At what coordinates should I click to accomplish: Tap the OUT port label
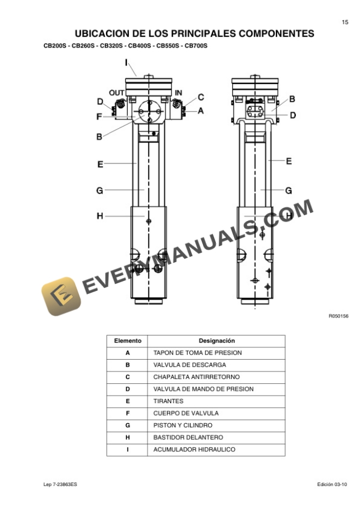coord(116,93)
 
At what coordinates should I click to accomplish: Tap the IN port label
coord(178,93)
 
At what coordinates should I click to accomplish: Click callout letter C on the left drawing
coord(201,97)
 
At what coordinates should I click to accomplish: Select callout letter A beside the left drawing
coord(201,110)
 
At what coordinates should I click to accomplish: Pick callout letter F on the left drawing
coord(99,116)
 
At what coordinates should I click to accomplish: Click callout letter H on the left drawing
coord(99,216)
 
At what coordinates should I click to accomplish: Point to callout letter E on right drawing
coord(289,160)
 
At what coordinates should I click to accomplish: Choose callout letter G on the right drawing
coord(289,190)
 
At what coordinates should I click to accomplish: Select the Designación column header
coord(216,341)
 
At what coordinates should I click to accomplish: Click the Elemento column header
coord(128,341)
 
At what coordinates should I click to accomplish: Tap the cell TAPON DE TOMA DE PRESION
coord(197,353)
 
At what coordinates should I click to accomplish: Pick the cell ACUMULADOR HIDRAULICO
coord(194,450)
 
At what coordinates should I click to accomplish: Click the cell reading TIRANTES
coord(168,401)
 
